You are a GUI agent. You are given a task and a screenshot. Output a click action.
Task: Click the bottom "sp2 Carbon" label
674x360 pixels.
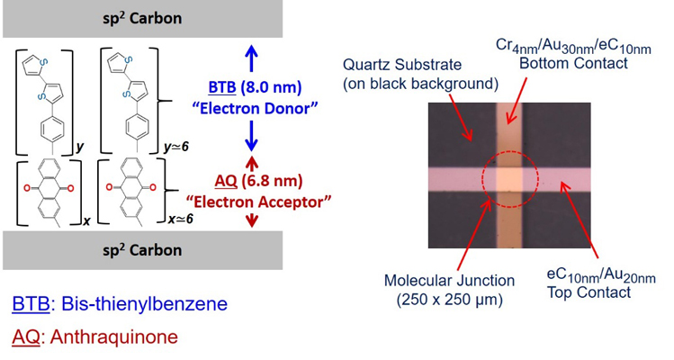141,249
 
